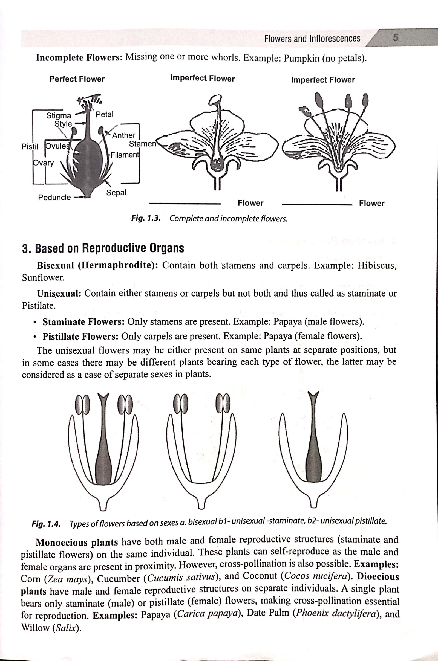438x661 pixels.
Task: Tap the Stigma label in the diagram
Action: (59, 115)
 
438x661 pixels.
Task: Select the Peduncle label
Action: (54, 197)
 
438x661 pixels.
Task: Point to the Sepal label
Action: (116, 192)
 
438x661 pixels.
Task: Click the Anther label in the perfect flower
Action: (124, 135)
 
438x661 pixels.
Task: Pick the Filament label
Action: (124, 155)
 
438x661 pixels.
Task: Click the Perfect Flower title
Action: (77, 79)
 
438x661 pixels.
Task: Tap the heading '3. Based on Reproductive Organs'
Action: (103, 248)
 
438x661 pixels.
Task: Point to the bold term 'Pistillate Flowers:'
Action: (81, 336)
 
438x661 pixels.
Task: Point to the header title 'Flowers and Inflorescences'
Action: (312, 39)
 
